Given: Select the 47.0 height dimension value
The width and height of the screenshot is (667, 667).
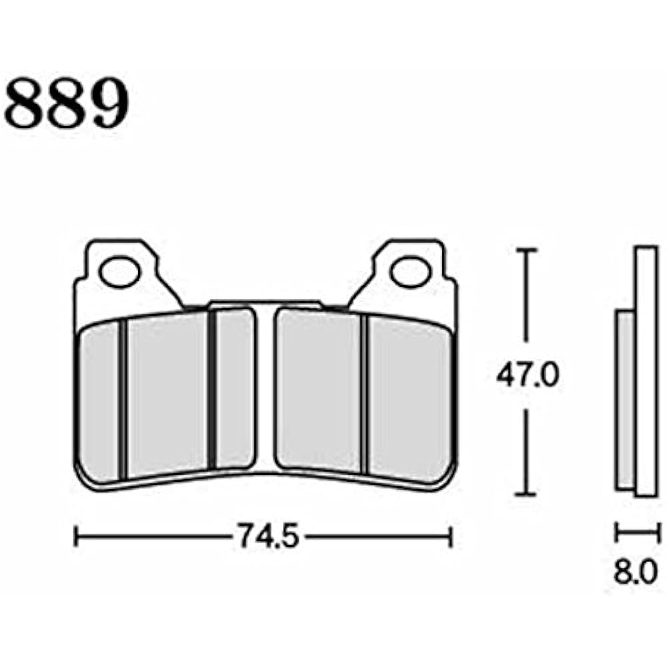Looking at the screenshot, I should tap(527, 377).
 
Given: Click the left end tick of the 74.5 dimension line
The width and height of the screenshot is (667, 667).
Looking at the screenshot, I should tap(76, 536).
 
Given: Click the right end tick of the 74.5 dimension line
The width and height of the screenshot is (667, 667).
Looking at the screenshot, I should tap(452, 536).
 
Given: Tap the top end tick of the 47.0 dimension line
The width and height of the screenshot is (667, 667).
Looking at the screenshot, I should tap(528, 250).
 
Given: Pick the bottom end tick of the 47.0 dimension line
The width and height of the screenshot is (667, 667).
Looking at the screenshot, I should tap(528, 494).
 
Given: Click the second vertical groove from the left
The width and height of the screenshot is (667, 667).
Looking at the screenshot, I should tap(212, 390).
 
